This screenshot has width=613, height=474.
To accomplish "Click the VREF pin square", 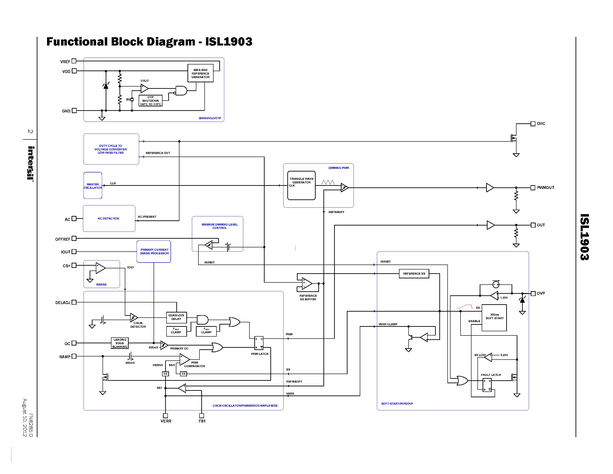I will coord(74,61).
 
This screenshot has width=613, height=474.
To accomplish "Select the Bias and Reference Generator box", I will coord(200,73).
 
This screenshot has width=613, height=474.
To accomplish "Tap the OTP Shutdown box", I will coord(150,101).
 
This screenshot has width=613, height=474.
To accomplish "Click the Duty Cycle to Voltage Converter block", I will coord(111,149).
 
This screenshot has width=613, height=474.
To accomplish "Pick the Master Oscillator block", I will coord(93,186).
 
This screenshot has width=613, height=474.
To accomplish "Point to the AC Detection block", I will coord(109,218).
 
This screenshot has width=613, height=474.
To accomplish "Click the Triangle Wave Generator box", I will coord(301,185).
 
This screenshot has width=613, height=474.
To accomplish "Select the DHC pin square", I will coord(533,124).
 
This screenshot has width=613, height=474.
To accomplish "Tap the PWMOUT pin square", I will coord(533,188).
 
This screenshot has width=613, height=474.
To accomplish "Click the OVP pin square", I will coord(533,294).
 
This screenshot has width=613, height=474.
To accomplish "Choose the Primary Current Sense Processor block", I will coord(154,252).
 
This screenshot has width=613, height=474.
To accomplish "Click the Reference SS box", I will coord(414,273).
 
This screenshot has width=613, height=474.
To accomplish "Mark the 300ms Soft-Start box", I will coord(494,318).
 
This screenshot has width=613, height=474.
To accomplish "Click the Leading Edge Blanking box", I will coord(120,343).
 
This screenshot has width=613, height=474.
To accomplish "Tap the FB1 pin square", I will coord(202,416).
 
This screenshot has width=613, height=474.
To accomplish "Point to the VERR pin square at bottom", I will coord(166,416).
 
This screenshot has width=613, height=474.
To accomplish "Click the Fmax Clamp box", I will coord(176,331).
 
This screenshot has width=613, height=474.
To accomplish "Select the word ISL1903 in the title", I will coord(229,41).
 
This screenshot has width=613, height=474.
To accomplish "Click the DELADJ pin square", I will coord(74,302).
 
